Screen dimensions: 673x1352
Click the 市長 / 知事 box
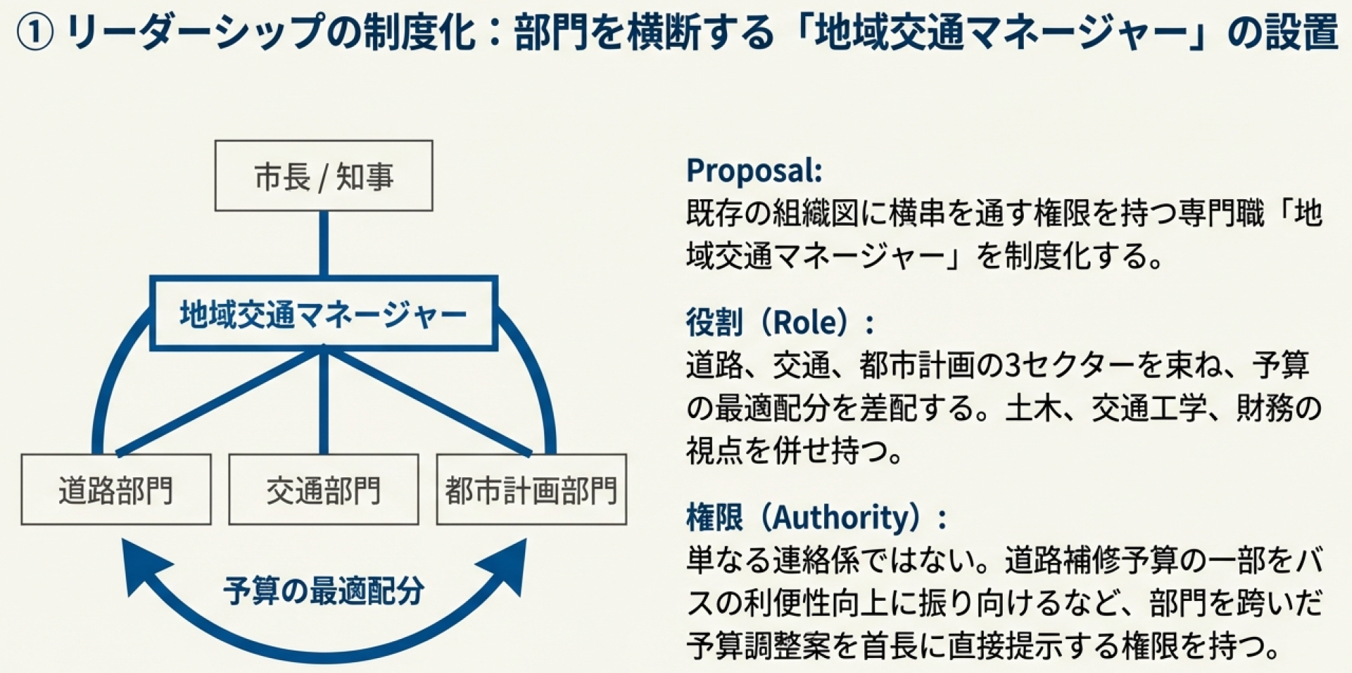(323, 176)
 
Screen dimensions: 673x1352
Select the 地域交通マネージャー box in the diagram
(323, 314)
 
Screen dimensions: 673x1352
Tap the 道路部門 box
(116, 489)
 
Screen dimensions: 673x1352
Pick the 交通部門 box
(323, 489)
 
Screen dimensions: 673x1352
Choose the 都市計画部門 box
(531, 489)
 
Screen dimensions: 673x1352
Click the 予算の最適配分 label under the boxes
(323, 590)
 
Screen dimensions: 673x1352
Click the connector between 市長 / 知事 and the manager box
(323, 243)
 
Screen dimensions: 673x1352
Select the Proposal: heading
(754, 170)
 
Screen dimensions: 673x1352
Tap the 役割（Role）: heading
(779, 322)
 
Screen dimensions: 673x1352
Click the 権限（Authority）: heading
(815, 517)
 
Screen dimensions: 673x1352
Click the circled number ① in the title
(34, 33)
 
